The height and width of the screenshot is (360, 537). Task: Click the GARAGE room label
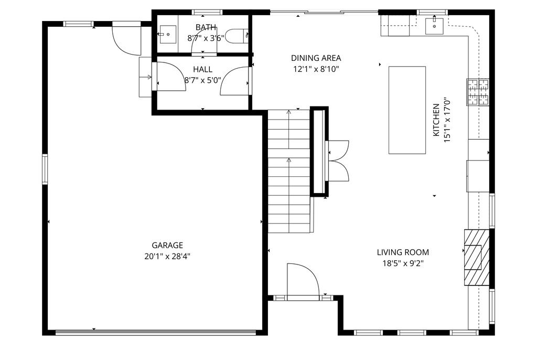[x=167, y=245]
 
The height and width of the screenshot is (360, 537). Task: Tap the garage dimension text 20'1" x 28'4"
[x=167, y=257]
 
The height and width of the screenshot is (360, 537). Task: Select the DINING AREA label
[x=316, y=58]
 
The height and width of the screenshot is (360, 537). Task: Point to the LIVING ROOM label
[x=403, y=252]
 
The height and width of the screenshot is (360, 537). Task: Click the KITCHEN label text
[x=436, y=120]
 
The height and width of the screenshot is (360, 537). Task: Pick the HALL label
[x=202, y=69]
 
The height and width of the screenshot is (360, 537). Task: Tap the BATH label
[x=206, y=27]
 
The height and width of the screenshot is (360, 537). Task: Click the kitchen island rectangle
[x=407, y=110]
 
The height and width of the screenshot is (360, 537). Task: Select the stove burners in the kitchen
[x=478, y=92]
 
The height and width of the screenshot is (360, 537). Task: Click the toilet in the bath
[x=238, y=36]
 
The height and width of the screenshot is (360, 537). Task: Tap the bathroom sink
[x=168, y=34]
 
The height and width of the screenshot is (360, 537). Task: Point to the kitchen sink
[x=434, y=26]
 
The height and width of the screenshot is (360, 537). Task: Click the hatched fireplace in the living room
[x=477, y=257]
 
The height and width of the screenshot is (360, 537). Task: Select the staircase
[x=289, y=171]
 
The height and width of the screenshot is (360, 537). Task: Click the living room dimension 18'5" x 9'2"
[x=403, y=263]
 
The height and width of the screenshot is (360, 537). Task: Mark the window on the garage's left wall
[x=45, y=170]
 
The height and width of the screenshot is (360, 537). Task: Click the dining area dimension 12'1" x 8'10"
[x=316, y=69]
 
